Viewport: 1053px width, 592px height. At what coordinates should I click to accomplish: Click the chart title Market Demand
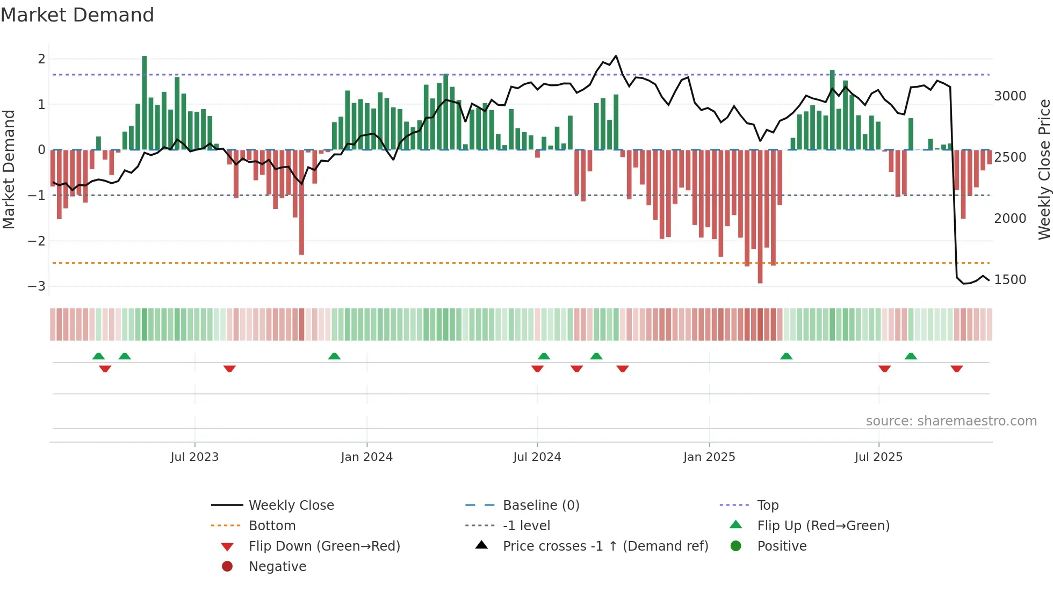[x=77, y=15]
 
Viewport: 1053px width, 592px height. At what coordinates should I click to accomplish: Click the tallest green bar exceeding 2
[x=144, y=102]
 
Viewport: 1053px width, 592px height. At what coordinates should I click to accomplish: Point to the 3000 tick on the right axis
[x=1010, y=96]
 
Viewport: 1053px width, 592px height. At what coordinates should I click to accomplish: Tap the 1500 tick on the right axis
[x=1010, y=280]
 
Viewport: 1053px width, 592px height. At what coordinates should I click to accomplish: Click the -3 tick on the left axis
[x=37, y=286]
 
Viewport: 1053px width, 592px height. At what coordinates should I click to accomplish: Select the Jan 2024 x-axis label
[x=367, y=457]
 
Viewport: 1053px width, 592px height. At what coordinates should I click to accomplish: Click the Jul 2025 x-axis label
[x=878, y=457]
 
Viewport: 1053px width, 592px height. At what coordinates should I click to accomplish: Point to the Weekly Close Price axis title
[x=1044, y=169]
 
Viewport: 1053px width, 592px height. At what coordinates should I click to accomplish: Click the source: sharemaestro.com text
[x=951, y=421]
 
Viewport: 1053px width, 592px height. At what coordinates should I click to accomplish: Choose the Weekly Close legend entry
[x=291, y=506]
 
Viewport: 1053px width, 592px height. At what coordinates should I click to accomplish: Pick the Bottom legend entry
[x=272, y=526]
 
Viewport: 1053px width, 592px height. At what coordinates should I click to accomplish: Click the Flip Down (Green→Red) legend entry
[x=324, y=546]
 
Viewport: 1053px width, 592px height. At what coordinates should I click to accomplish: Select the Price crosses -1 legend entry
[x=605, y=546]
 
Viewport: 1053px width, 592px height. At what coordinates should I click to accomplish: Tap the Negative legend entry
[x=277, y=567]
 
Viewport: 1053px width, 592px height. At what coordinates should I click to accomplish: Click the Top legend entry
[x=767, y=506]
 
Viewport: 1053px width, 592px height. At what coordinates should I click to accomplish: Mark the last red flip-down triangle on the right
[x=956, y=369]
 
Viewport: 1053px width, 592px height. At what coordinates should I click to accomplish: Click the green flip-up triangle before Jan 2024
[x=334, y=356]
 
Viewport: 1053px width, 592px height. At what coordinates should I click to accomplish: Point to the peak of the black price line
[x=616, y=56]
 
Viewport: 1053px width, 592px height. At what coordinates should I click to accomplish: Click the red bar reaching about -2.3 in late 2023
[x=301, y=202]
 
